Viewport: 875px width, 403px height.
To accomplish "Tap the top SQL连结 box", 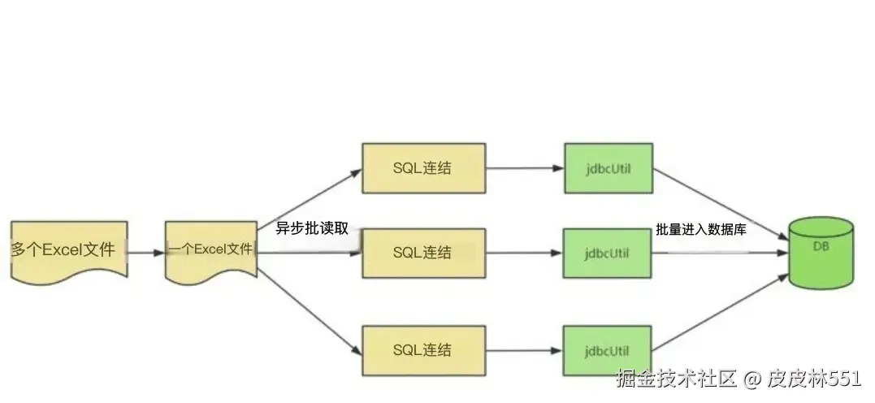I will [x=423, y=169].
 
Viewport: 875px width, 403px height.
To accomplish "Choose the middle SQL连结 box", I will [x=423, y=253].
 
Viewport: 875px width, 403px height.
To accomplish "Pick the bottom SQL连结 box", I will [x=423, y=351].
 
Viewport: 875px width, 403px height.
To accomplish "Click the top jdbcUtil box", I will [x=608, y=169].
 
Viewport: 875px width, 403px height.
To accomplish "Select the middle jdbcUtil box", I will [x=608, y=253].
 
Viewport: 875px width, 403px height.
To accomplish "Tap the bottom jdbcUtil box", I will [x=608, y=351].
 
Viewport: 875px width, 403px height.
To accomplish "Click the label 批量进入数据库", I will [x=702, y=230].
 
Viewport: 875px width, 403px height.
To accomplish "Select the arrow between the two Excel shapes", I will [x=146, y=252].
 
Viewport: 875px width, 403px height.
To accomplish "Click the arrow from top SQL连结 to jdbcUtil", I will [x=525, y=169].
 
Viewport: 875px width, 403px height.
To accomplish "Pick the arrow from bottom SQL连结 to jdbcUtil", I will [x=525, y=351].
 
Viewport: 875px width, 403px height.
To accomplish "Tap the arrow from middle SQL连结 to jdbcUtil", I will [x=525, y=253].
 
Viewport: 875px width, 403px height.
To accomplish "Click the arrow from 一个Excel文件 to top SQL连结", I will [x=309, y=203].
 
